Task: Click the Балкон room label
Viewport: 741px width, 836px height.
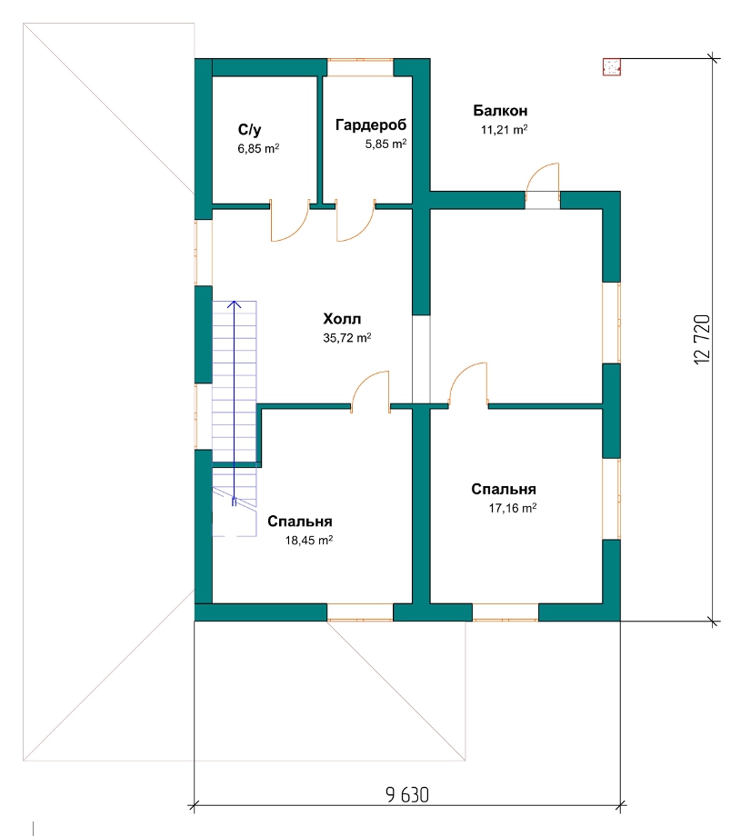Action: pos(500,111)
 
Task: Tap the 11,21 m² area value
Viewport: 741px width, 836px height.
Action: pos(504,130)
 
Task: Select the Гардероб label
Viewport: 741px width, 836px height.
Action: pos(371,125)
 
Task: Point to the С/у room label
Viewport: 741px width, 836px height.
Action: pos(249,130)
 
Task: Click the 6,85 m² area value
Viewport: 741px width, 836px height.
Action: pos(258,148)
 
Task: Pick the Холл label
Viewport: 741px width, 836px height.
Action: pos(342,319)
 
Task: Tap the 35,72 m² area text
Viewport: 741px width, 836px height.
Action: pos(346,337)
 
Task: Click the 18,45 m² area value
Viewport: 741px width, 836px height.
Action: pos(309,540)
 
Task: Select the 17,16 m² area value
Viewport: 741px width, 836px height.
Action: pos(513,508)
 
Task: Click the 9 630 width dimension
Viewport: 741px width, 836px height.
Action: pos(407,795)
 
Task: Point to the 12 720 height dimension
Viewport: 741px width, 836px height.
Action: pos(703,339)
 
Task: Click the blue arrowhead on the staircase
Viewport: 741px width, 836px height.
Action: pos(235,304)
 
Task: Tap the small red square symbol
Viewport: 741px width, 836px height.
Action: pos(611,67)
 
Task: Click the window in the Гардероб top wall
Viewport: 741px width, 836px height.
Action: pos(360,67)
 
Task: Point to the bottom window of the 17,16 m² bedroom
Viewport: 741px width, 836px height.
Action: pos(506,612)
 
